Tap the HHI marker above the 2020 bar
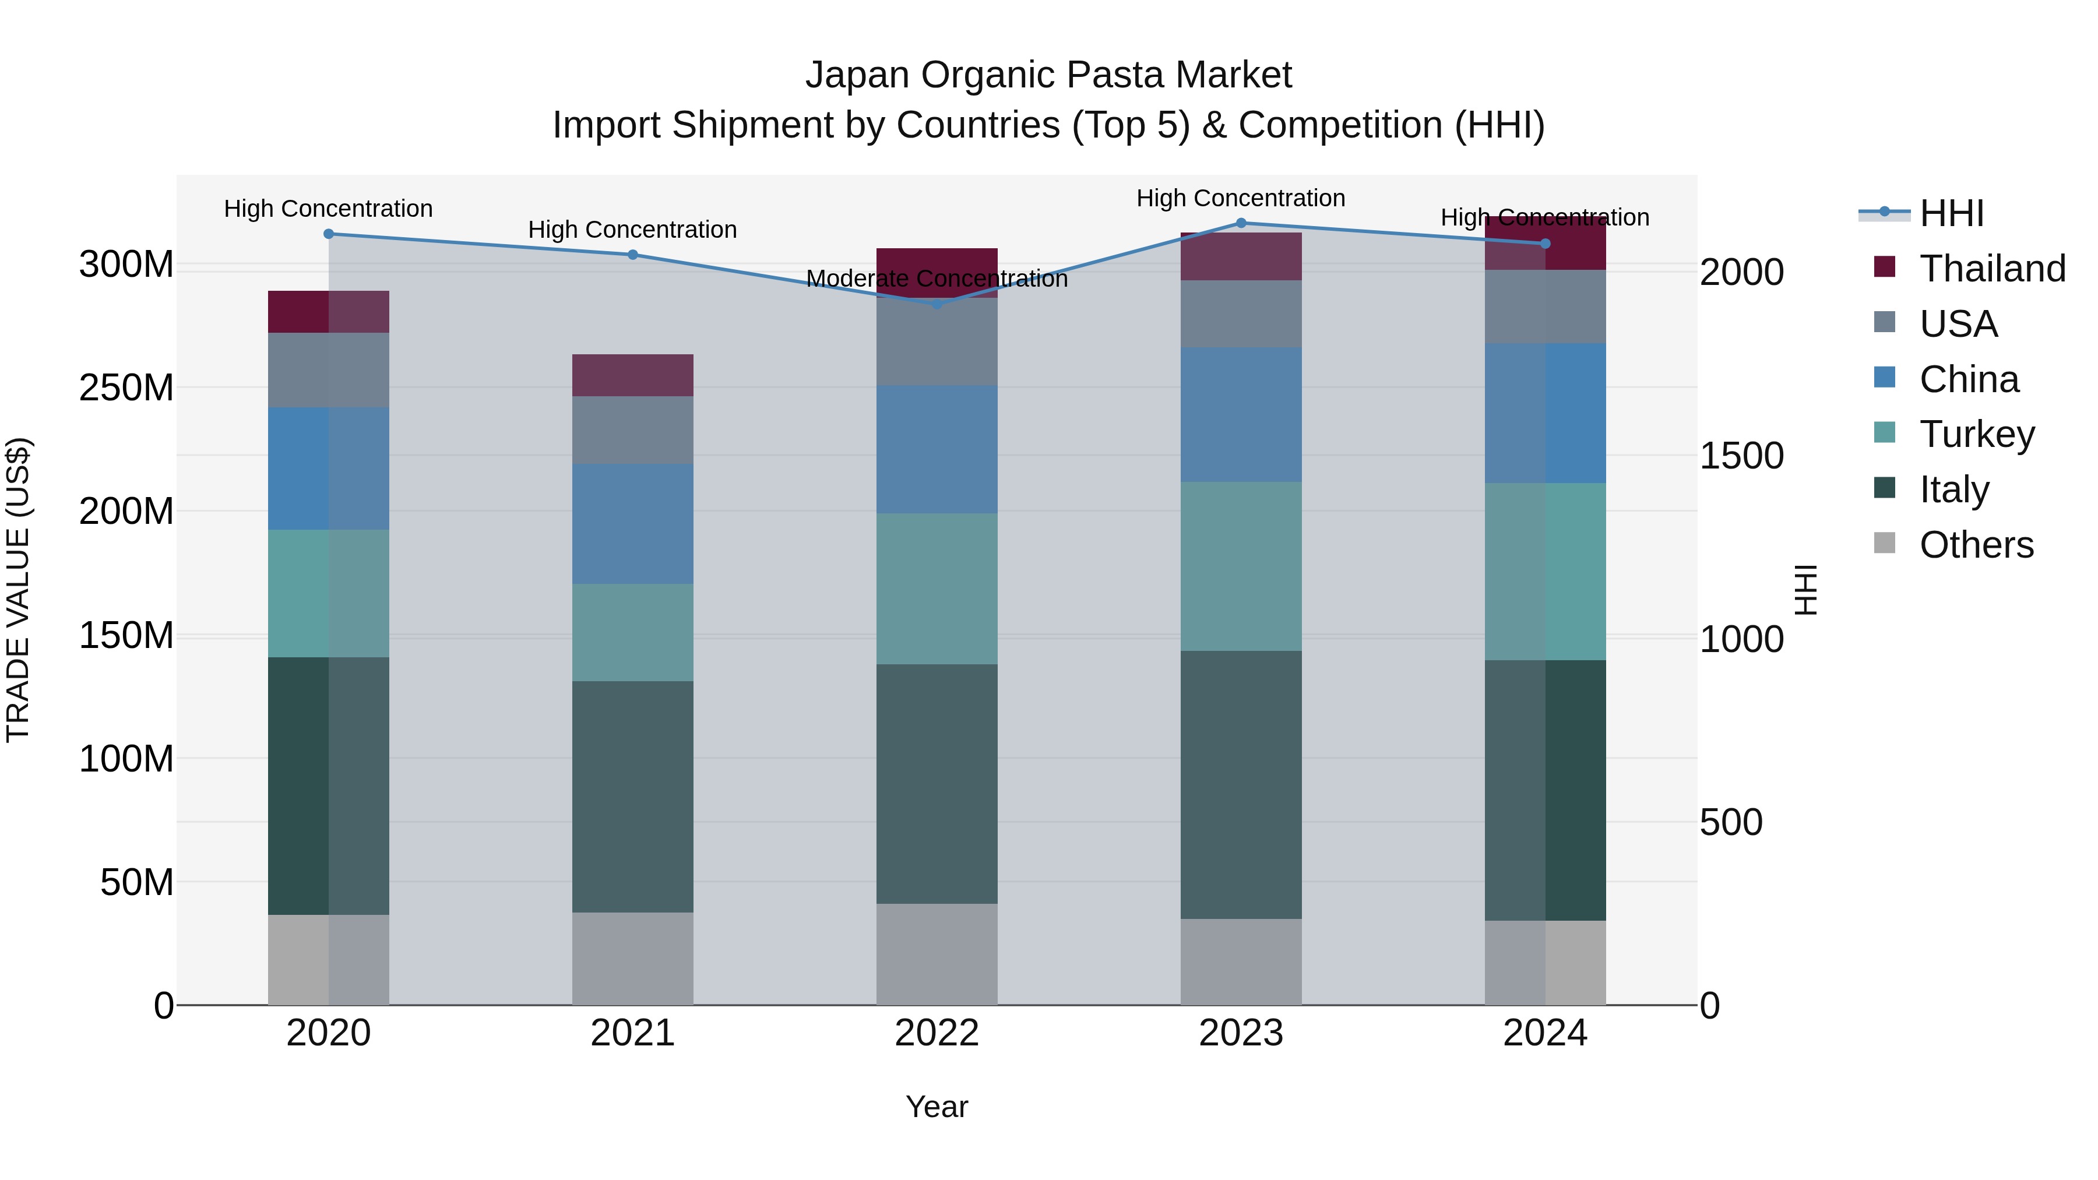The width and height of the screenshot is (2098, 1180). pos(328,234)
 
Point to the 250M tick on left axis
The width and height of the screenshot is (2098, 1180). pos(126,388)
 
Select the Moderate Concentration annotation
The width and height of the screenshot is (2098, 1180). pos(937,279)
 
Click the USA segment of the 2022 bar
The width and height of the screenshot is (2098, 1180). pos(937,342)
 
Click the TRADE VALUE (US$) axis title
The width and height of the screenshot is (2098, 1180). pos(18,590)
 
